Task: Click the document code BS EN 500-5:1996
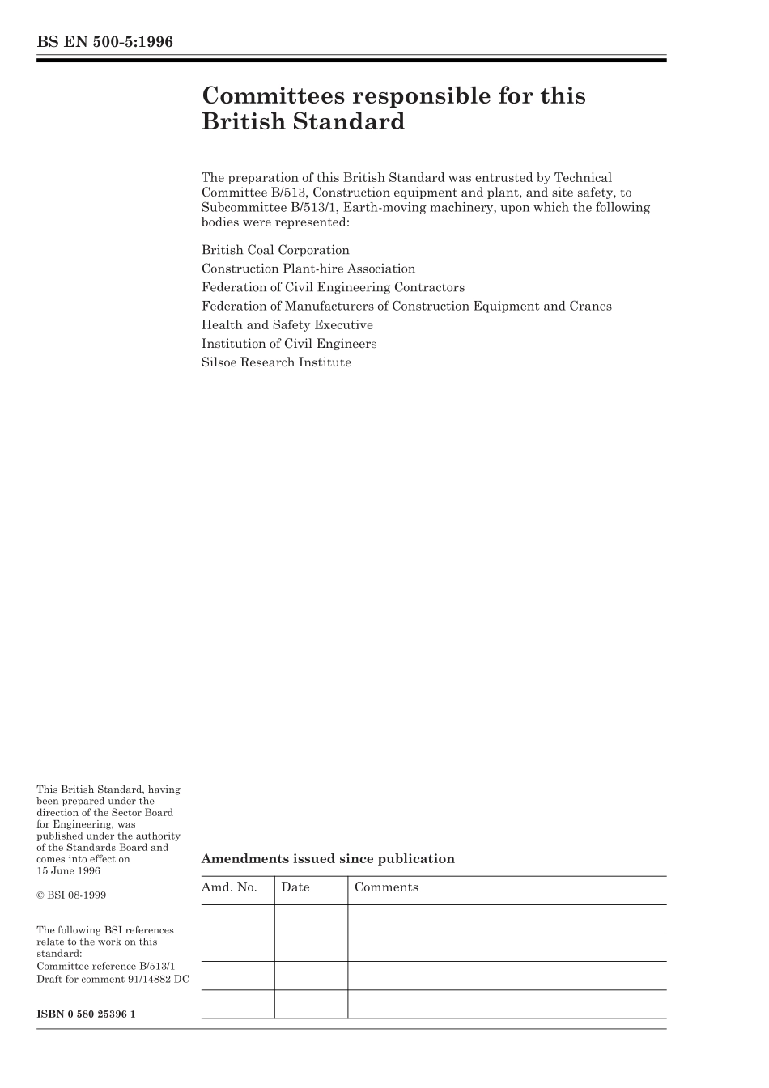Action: click(x=104, y=42)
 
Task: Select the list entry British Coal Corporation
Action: click(x=275, y=250)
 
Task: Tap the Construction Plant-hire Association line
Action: click(x=308, y=269)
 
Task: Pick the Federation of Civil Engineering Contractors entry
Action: click(x=333, y=287)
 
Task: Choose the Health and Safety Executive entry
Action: click(x=287, y=324)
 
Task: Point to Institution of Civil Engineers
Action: click(x=289, y=343)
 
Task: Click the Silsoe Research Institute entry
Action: click(x=276, y=362)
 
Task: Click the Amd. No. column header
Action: click(x=229, y=887)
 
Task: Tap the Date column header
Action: click(x=295, y=887)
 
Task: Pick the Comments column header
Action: click(x=386, y=887)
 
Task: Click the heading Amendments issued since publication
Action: click(x=328, y=859)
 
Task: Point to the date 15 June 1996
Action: click(x=69, y=870)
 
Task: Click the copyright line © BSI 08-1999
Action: click(x=71, y=895)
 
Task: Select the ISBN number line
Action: click(x=86, y=1014)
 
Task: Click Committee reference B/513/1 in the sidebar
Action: click(x=105, y=967)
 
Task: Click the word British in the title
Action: click(x=240, y=122)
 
